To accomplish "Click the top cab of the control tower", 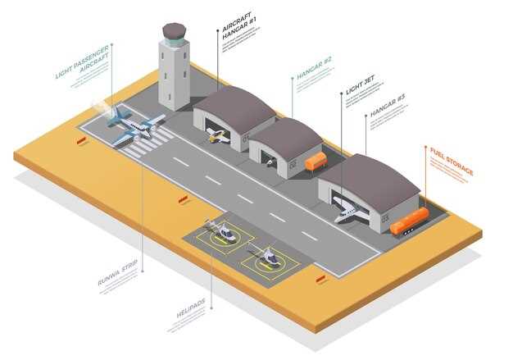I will click(174, 33).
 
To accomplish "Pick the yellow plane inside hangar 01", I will click(218, 136).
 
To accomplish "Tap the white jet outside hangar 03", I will click(351, 211).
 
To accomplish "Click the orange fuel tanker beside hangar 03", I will click(409, 221).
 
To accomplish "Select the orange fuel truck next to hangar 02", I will click(316, 162).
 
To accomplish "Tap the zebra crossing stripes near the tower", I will click(148, 146).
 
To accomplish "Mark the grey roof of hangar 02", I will click(286, 134).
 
